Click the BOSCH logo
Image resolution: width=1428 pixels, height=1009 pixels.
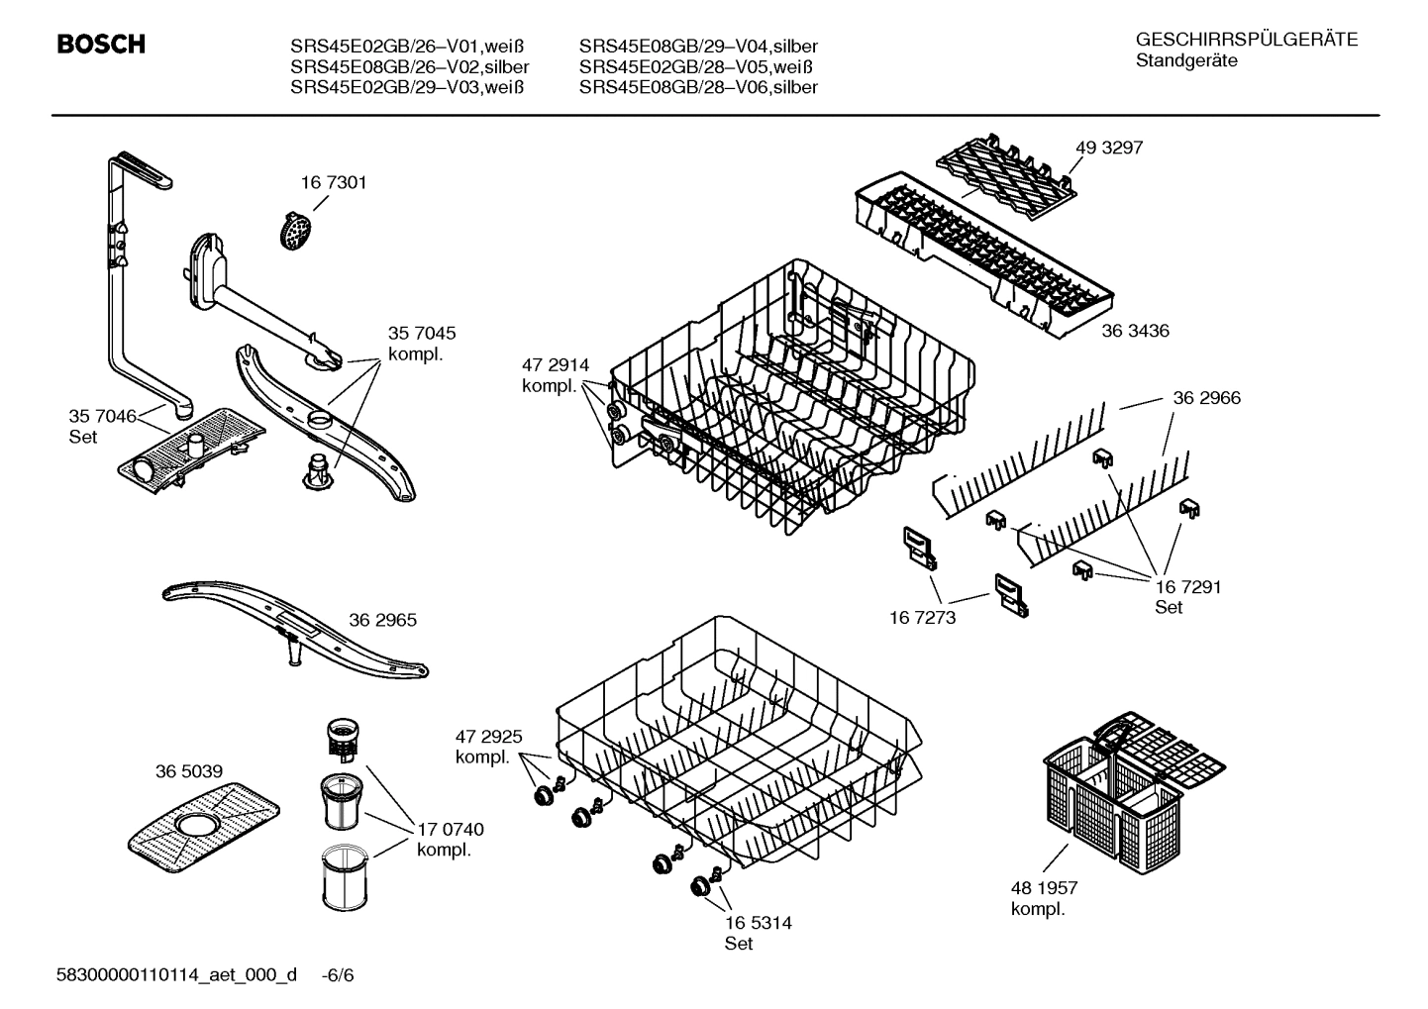pyautogui.click(x=101, y=45)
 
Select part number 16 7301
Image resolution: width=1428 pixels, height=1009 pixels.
pyautogui.click(x=334, y=182)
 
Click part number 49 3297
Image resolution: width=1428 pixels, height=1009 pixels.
pyautogui.click(x=1109, y=148)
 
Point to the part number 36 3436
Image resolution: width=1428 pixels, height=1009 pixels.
pyautogui.click(x=1135, y=331)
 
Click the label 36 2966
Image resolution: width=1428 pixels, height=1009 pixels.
pyautogui.click(x=1206, y=398)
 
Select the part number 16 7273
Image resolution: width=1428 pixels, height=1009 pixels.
pyautogui.click(x=922, y=618)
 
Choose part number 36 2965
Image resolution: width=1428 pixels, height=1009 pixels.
pyautogui.click(x=382, y=620)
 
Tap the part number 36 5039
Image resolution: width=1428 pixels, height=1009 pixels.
pyautogui.click(x=188, y=771)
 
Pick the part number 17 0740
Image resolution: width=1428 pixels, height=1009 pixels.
pyautogui.click(x=451, y=830)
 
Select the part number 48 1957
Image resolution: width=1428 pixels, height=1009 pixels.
pyautogui.click(x=1044, y=888)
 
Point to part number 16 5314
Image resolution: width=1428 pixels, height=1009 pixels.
pyautogui.click(x=758, y=923)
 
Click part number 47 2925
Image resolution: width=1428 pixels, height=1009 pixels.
pyautogui.click(x=488, y=737)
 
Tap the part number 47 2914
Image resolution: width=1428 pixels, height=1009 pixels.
pyautogui.click(x=555, y=365)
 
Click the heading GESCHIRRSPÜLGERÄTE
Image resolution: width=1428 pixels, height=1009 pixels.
pyautogui.click(x=1246, y=40)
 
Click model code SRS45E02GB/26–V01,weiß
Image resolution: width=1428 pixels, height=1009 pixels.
pyautogui.click(x=406, y=47)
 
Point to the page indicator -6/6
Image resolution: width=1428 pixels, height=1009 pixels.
pyautogui.click(x=338, y=975)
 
